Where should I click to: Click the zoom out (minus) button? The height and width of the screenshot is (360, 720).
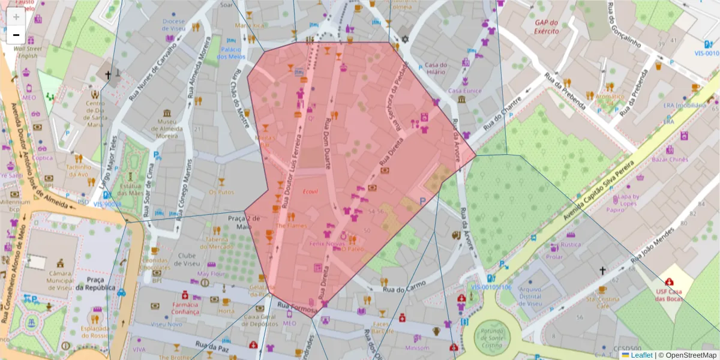pyautogui.click(x=16, y=35)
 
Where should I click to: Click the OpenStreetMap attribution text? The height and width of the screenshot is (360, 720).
pyautogui.click(x=688, y=355)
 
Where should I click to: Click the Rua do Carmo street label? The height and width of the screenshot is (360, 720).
pyautogui.click(x=406, y=286)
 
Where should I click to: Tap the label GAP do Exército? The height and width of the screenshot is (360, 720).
pyautogui.click(x=547, y=26)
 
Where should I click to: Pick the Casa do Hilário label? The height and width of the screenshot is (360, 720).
pyautogui.click(x=436, y=68)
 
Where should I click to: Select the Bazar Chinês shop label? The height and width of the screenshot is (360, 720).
pyautogui.click(x=670, y=160)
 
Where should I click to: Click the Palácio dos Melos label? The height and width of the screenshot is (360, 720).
pyautogui.click(x=231, y=53)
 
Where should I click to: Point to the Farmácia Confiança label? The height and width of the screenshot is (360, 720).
pyautogui.click(x=185, y=308)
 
